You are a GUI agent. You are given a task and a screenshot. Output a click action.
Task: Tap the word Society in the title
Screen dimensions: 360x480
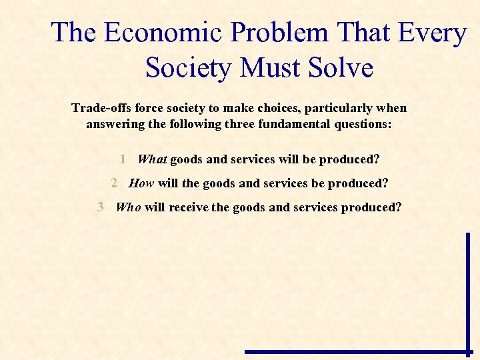(190, 67)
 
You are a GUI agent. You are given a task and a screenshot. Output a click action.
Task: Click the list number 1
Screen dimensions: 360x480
(123, 159)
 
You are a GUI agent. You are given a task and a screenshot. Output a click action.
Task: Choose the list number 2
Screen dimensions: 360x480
(114, 183)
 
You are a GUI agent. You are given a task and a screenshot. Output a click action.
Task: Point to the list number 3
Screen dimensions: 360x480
(101, 207)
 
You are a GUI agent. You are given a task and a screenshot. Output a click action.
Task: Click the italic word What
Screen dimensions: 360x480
(152, 159)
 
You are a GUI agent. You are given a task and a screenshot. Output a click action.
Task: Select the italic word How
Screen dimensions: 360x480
(141, 183)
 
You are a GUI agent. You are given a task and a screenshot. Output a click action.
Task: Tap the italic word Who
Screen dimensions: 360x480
(129, 207)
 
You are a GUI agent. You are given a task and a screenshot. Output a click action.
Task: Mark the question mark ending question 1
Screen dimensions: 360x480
(377, 159)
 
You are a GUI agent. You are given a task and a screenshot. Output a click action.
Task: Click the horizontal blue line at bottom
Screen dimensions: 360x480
(357, 351)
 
